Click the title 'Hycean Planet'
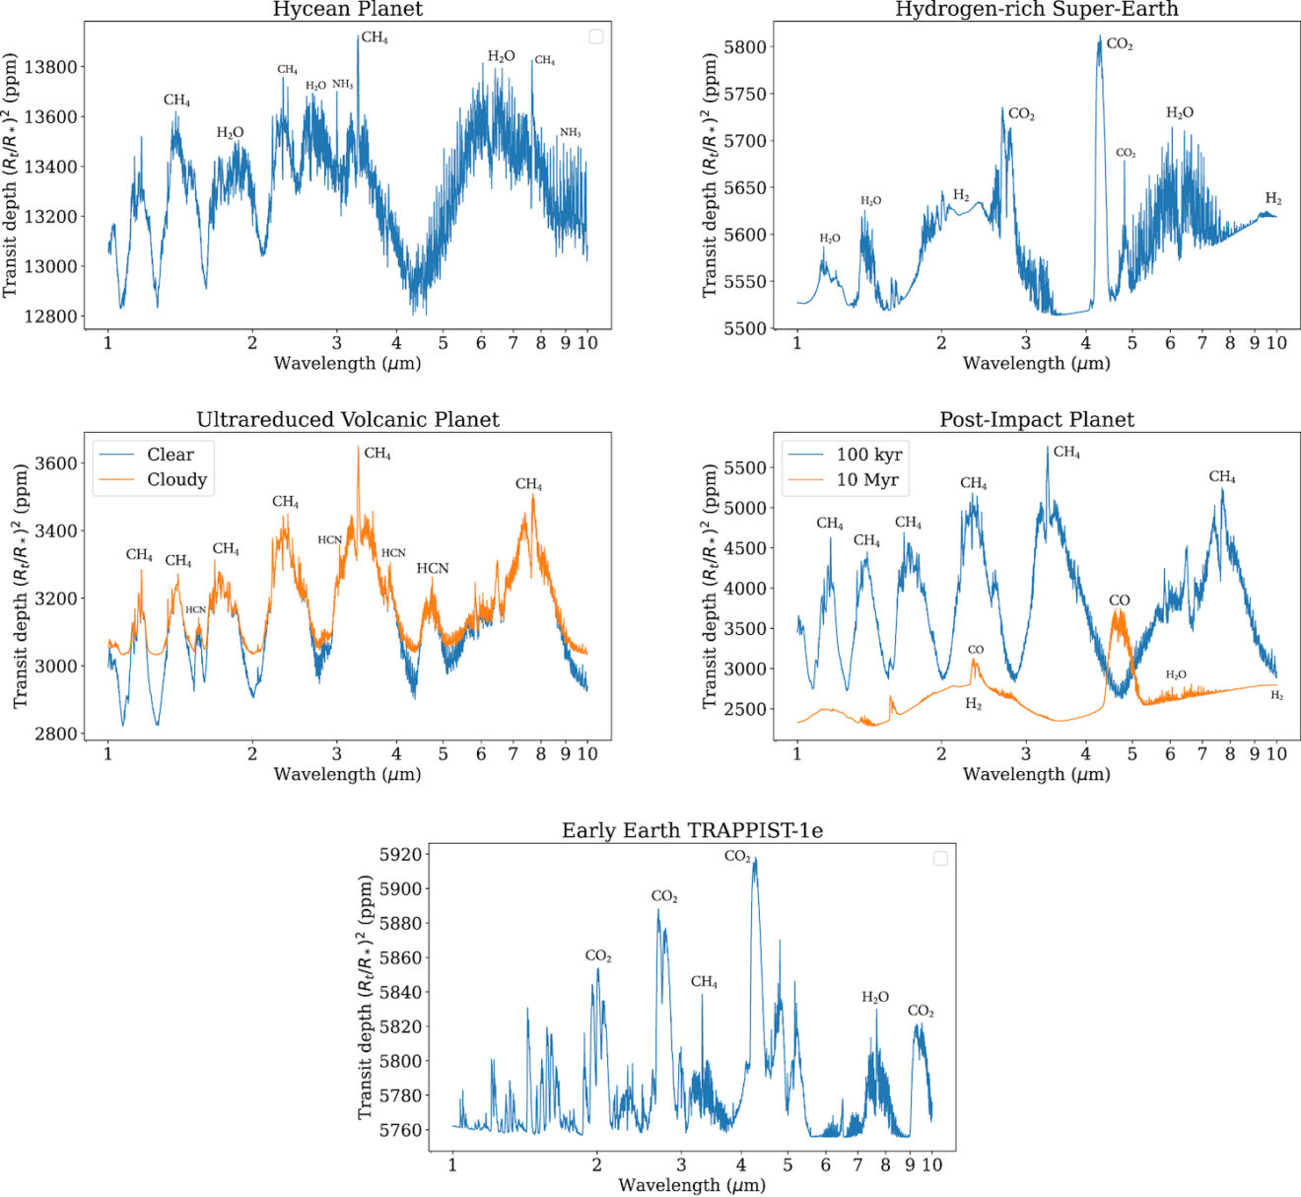pyautogui.click(x=347, y=10)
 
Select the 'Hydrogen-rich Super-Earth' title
pyautogui.click(x=1036, y=10)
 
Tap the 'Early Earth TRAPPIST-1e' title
pyautogui.click(x=692, y=830)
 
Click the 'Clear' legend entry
pyautogui.click(x=170, y=455)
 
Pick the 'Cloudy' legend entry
pyautogui.click(x=176, y=480)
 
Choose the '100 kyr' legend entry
pyautogui.click(x=868, y=455)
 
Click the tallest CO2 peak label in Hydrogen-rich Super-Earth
pyautogui.click(x=1119, y=44)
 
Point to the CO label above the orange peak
pyautogui.click(x=1119, y=600)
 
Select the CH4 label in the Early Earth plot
pyautogui.click(x=704, y=982)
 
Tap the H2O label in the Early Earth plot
pyautogui.click(x=874, y=998)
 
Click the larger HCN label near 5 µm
pyautogui.click(x=432, y=569)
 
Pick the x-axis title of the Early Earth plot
pyautogui.click(x=691, y=1185)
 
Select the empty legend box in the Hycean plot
pyautogui.click(x=595, y=36)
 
